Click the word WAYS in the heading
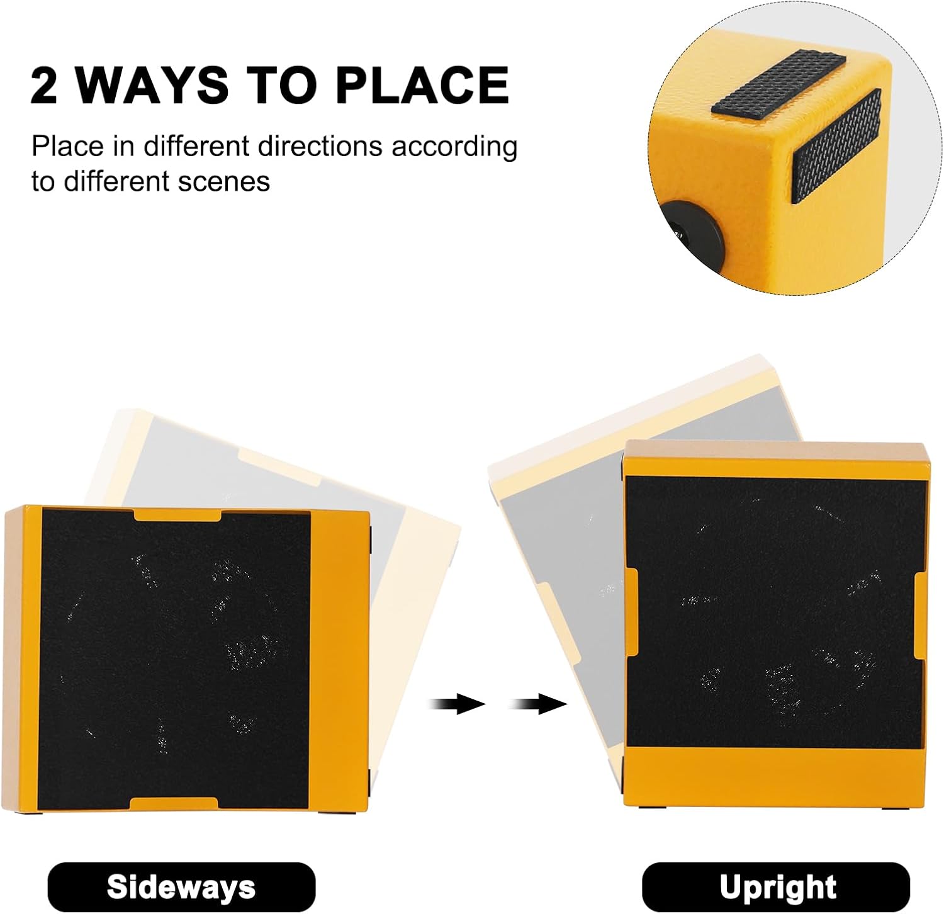click(152, 85)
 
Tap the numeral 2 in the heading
click(43, 85)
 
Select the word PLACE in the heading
click(422, 85)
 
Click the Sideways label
click(181, 887)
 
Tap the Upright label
click(777, 887)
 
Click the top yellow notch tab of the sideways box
click(178, 515)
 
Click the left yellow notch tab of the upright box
click(632, 612)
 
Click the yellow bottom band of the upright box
click(775, 775)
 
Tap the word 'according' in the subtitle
click(454, 147)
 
